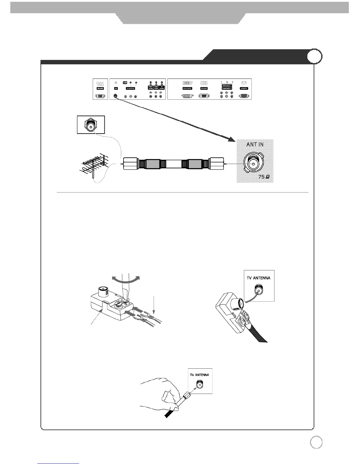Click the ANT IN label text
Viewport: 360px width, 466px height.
pos(255,145)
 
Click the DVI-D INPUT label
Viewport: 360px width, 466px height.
pos(187,88)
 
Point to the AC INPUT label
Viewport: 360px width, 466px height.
pos(244,88)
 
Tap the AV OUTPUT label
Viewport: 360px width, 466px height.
pos(130,88)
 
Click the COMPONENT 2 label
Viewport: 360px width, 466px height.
pos(227,88)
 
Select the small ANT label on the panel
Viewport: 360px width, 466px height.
pos(116,88)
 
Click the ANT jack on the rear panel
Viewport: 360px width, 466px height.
pos(116,96)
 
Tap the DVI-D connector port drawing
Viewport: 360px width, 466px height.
pos(187,96)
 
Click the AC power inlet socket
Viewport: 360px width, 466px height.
pos(244,96)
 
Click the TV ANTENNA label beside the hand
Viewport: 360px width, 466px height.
pos(199,375)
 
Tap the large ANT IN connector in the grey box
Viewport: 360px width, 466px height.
pos(253,164)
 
